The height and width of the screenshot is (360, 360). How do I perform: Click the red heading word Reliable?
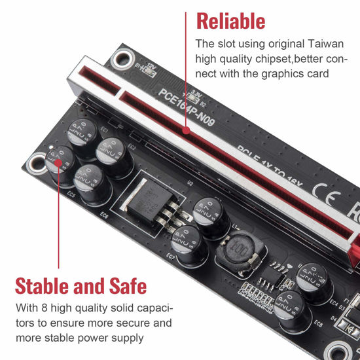231,21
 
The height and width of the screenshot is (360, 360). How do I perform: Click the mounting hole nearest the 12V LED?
120,60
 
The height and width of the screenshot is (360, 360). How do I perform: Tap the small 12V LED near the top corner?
139,66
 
